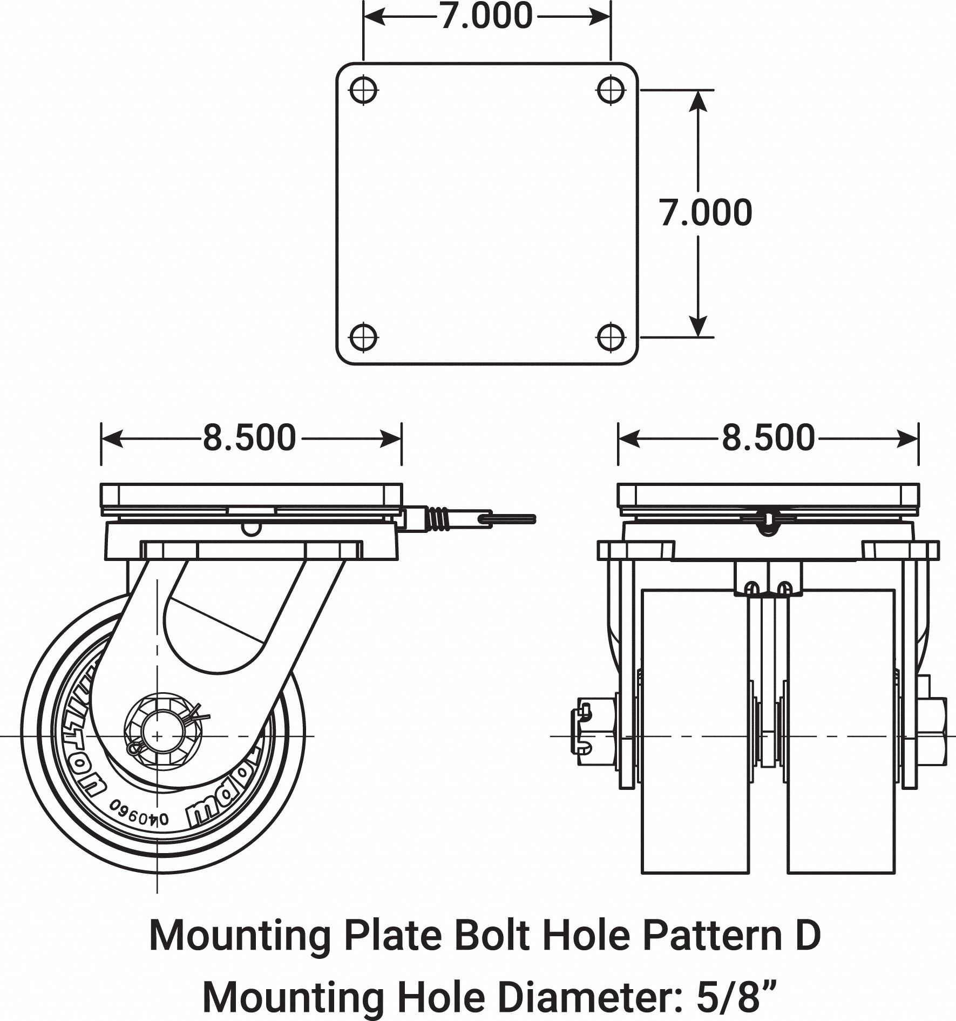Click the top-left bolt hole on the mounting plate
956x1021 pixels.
click(x=363, y=91)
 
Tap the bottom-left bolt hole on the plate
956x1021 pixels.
click(x=363, y=337)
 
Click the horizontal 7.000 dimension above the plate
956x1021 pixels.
click(x=486, y=16)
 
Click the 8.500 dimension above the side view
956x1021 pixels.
click(x=249, y=437)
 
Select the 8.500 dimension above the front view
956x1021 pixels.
click(x=768, y=437)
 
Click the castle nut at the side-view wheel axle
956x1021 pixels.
click(x=157, y=735)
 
